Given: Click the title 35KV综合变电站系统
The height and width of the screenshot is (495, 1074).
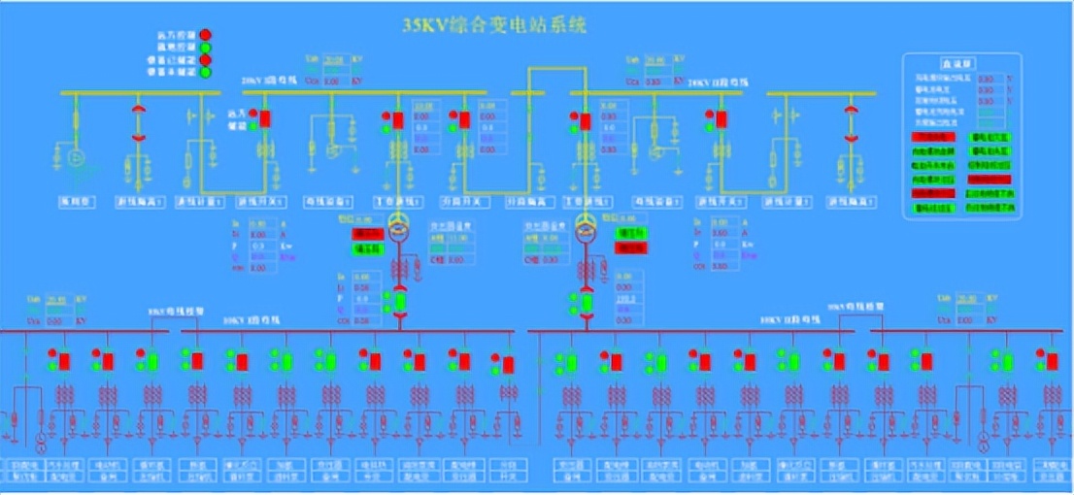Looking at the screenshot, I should (495, 26).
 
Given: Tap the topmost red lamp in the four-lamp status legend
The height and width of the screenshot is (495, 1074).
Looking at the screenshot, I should (206, 34).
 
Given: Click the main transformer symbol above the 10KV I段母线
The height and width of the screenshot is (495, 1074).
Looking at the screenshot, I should (398, 225).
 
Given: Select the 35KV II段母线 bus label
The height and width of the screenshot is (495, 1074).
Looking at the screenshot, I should (712, 83).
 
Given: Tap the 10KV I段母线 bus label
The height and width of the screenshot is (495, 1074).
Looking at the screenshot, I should (246, 319).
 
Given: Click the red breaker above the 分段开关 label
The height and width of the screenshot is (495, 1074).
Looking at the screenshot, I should (464, 119).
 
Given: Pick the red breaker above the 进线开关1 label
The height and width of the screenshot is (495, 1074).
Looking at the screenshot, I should (265, 118).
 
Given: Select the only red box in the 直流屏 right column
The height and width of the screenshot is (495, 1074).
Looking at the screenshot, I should (989, 180).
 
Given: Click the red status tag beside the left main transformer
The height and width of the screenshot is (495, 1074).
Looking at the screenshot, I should (367, 234).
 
